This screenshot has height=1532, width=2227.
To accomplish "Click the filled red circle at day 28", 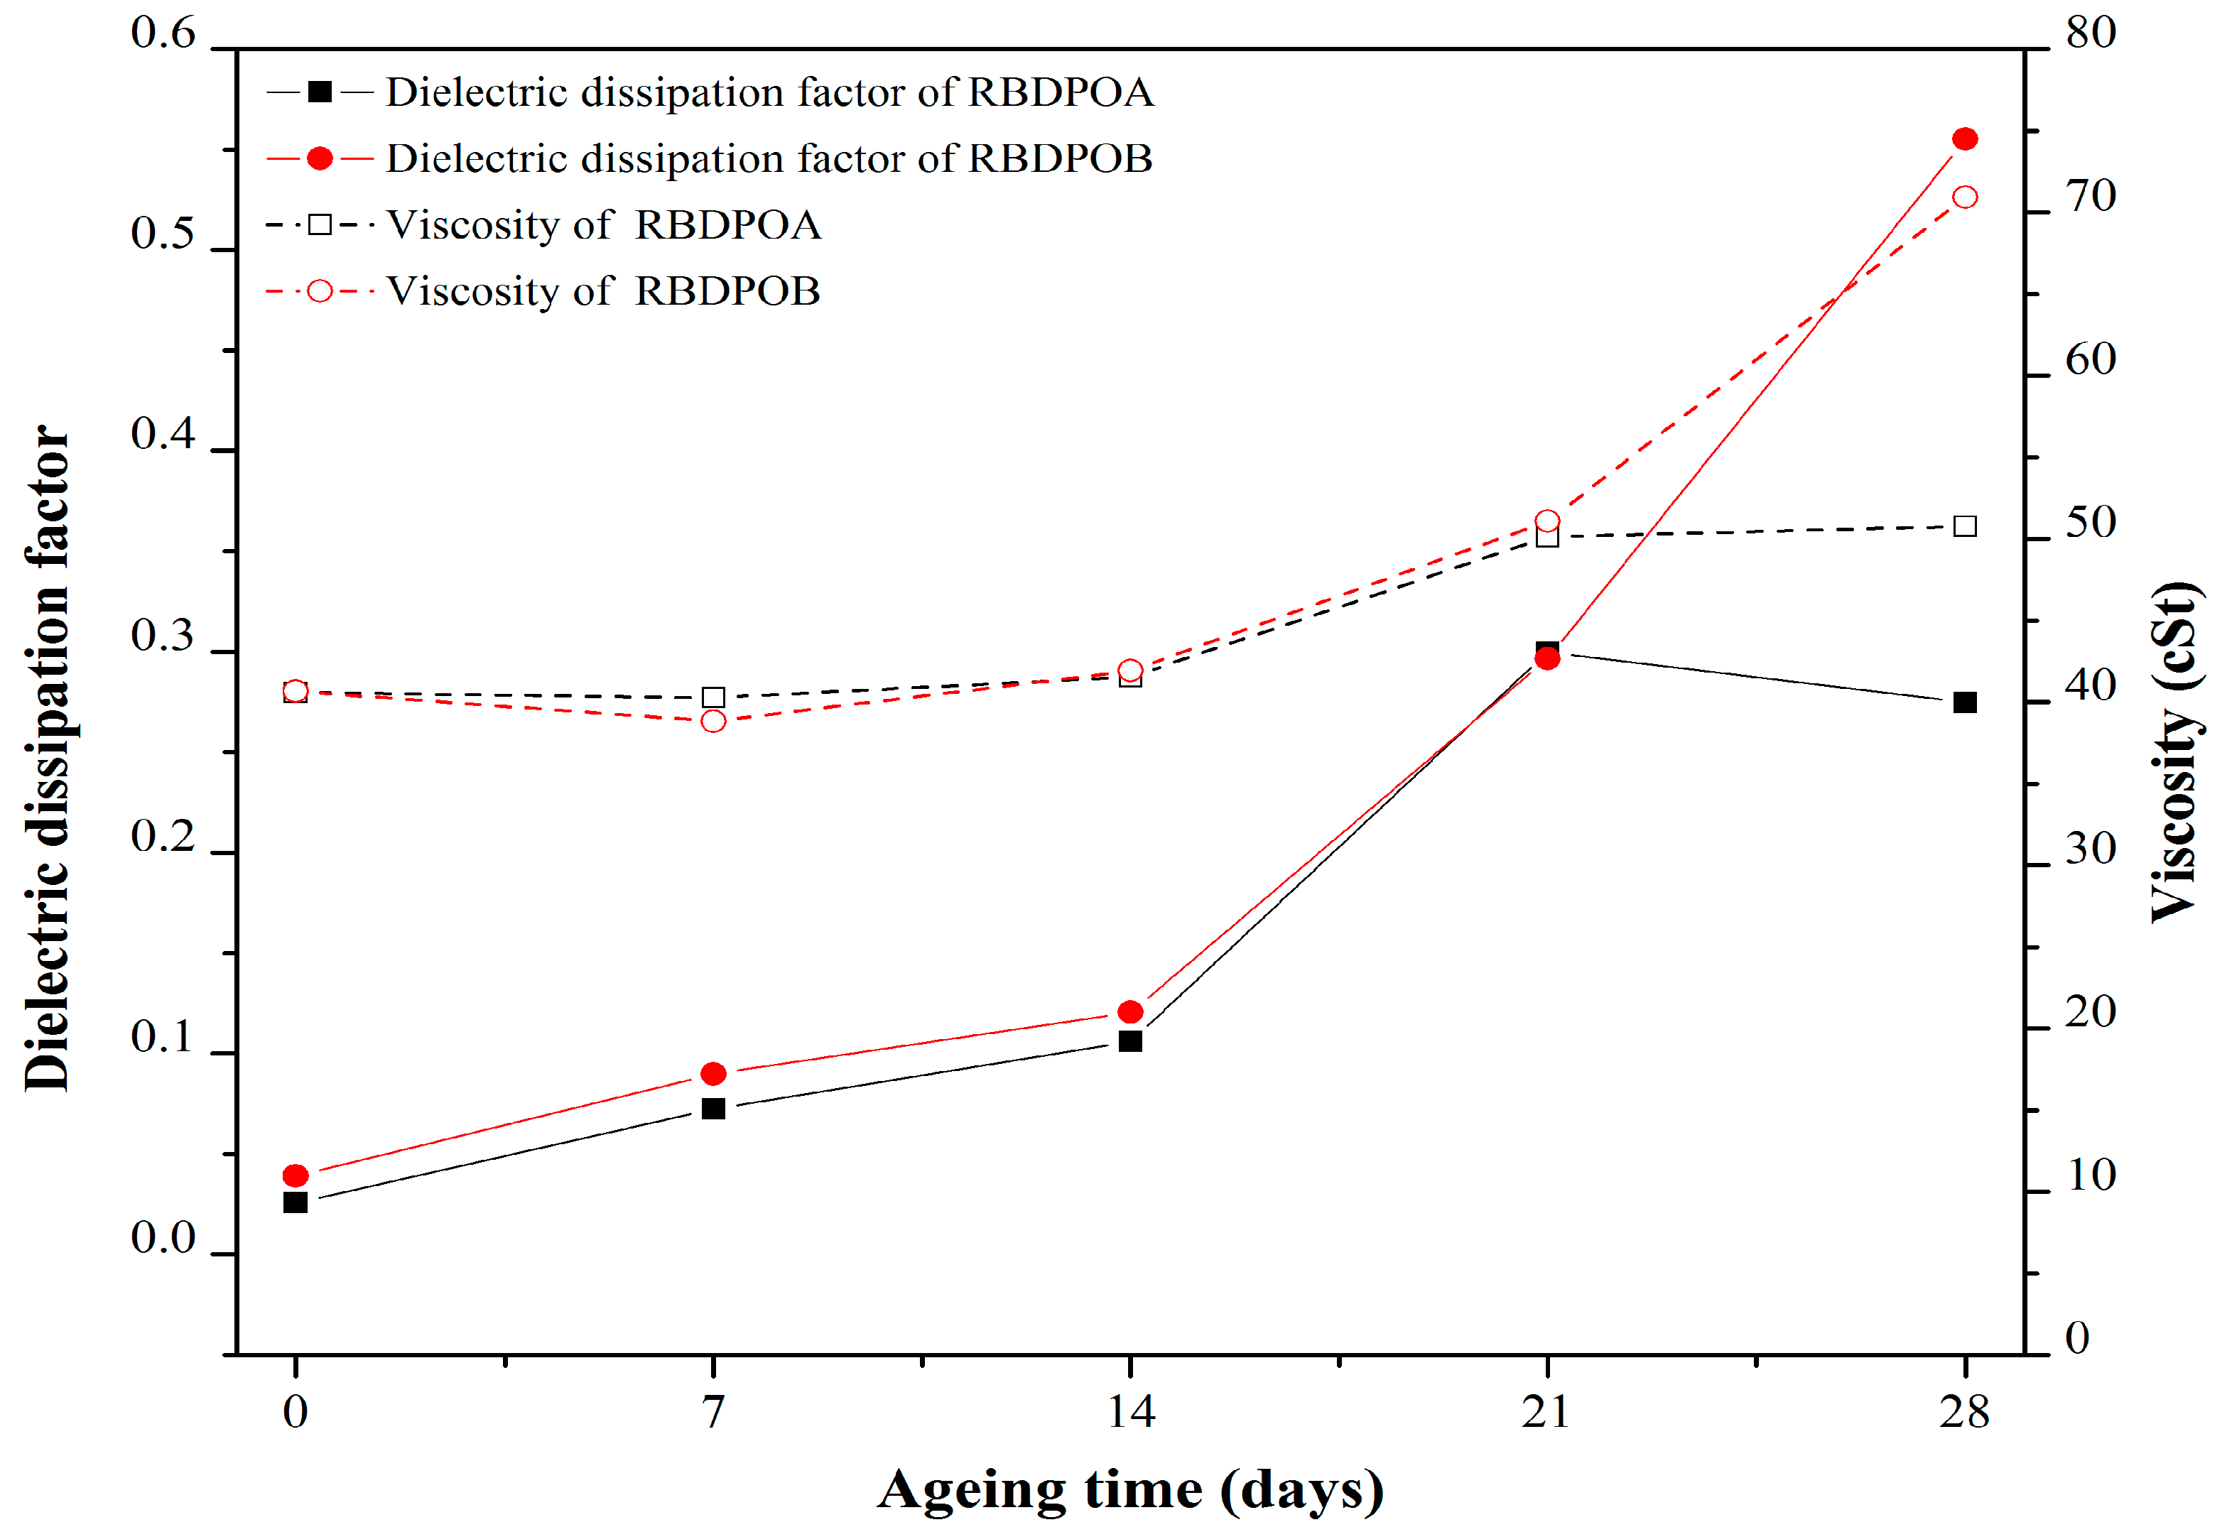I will click(1965, 139).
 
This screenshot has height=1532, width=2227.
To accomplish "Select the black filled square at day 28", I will click(1965, 702).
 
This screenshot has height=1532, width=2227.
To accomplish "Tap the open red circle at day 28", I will click(1965, 197).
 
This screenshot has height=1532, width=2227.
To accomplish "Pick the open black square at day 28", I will click(1965, 526).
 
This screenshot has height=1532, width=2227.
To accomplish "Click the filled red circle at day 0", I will click(296, 1176).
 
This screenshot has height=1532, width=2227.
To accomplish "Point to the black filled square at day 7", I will click(713, 1109).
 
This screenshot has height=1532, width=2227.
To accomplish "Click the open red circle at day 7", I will click(713, 721).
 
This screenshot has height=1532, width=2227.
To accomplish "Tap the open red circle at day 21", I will click(1547, 521).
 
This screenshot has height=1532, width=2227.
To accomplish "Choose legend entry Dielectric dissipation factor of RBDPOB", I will click(769, 159).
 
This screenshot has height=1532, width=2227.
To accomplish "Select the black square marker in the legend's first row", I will click(320, 92).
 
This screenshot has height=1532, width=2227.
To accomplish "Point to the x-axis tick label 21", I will click(1546, 1412).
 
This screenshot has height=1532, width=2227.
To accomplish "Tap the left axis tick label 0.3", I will click(163, 636).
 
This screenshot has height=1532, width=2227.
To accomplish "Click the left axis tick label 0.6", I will click(163, 33).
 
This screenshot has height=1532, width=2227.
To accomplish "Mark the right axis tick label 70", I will click(2091, 197).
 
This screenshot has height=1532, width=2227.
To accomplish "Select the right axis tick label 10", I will click(2091, 1176).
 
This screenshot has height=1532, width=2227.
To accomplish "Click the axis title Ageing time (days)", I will click(1129, 1490).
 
